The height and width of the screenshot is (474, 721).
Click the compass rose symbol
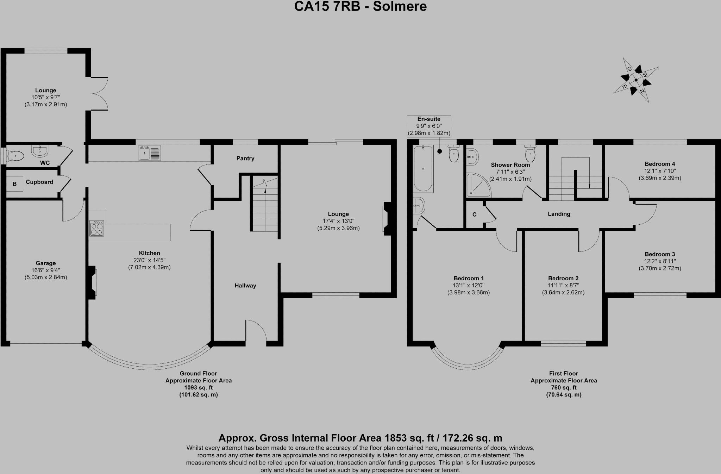(x=636, y=80)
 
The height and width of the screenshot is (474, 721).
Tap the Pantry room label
(x=245, y=158)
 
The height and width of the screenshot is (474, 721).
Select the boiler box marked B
(x=14, y=184)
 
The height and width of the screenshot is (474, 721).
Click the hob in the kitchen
(x=97, y=228)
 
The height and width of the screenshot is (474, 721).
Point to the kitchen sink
(x=150, y=153)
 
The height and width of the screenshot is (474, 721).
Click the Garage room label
(x=46, y=263)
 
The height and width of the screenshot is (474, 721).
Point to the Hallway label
(x=245, y=286)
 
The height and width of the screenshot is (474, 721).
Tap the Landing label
(x=559, y=214)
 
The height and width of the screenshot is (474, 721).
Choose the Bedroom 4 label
(x=660, y=164)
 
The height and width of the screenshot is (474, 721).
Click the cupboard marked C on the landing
(x=475, y=214)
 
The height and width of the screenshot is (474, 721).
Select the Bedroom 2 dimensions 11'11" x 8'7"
(x=563, y=285)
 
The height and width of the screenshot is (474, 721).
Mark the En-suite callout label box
(x=429, y=126)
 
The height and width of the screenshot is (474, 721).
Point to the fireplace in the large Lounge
(x=387, y=218)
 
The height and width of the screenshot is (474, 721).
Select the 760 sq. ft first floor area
(x=564, y=388)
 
